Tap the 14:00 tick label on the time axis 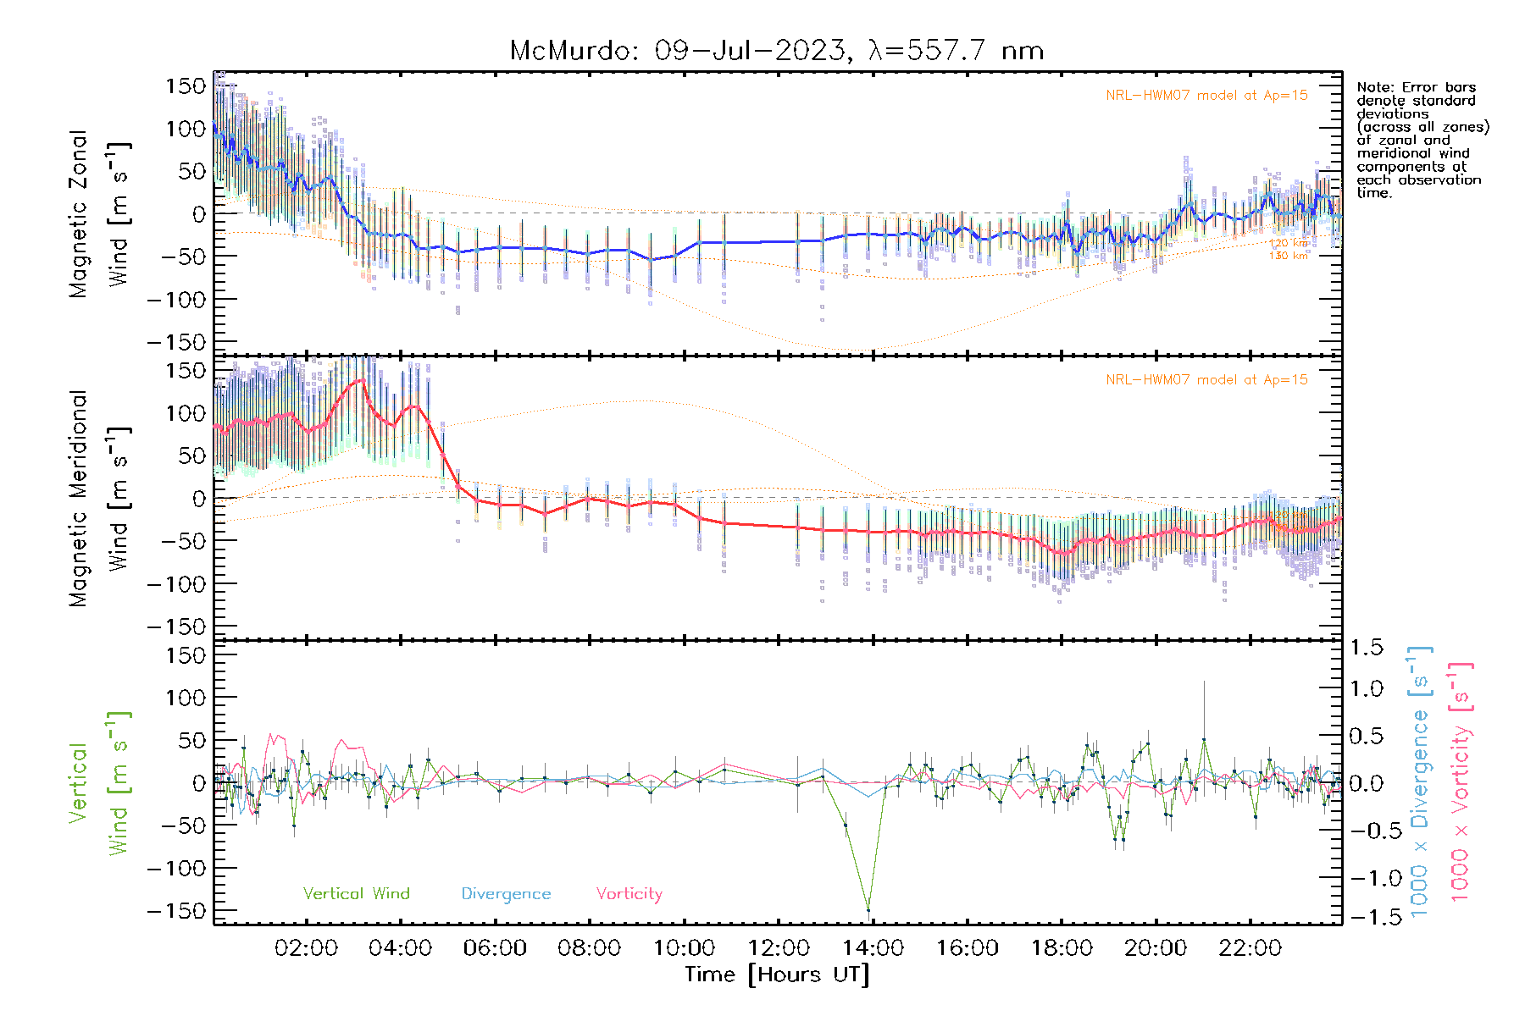(873, 948)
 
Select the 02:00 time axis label (306, 948)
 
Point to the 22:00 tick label (1250, 948)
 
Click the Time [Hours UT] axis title (777, 975)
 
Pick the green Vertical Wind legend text (356, 893)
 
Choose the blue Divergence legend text (506, 893)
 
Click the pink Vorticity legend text (629, 893)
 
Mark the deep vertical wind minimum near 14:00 (868, 910)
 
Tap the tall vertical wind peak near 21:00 (1204, 740)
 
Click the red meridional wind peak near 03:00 (362, 380)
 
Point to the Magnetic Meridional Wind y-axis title (99, 499)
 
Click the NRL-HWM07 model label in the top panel (1206, 96)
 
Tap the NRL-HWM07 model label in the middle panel (1206, 380)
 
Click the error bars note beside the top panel (1422, 140)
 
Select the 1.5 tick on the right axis (1366, 648)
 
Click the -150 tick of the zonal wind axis (176, 342)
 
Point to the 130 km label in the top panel (1288, 256)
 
